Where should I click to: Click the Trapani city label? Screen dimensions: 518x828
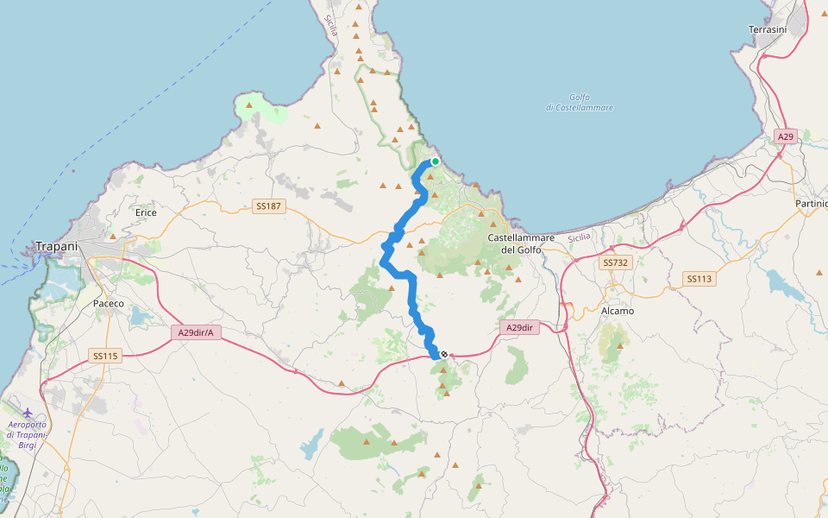[57, 246]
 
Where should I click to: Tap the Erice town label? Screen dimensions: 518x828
[146, 212]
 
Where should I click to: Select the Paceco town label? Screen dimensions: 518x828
[109, 304]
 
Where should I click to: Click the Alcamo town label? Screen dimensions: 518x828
[617, 311]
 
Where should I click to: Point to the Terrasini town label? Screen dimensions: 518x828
[768, 29]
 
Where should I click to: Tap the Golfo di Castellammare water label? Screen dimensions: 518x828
[580, 102]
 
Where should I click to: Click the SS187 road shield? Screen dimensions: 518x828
[269, 206]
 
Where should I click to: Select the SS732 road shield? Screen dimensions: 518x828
[616, 262]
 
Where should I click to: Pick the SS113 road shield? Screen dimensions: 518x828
[699, 279]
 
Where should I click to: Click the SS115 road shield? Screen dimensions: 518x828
[105, 356]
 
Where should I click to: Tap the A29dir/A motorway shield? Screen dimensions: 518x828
[197, 332]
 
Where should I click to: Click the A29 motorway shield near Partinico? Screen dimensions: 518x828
[785, 136]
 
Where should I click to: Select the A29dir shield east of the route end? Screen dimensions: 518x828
[518, 327]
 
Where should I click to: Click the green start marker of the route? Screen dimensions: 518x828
[436, 161]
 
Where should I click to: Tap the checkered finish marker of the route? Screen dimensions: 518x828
[443, 354]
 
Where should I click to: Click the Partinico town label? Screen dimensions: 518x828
[811, 204]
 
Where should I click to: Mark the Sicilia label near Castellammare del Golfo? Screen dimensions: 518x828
[580, 237]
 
